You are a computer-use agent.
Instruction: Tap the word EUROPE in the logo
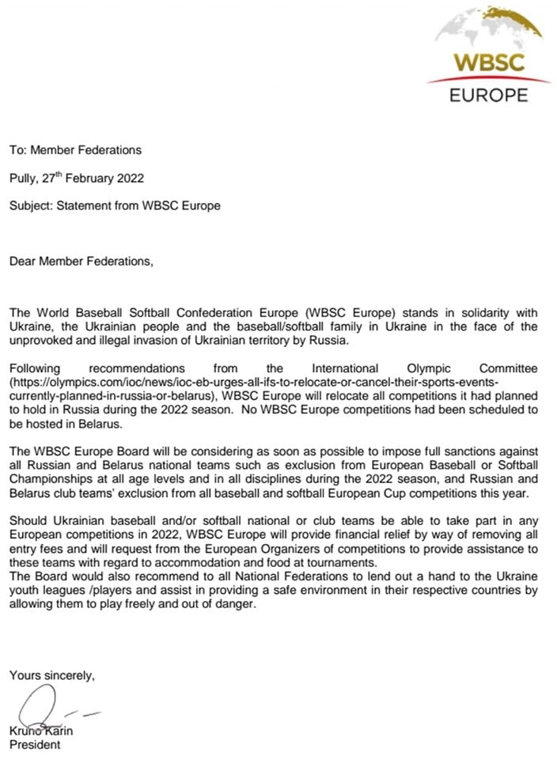click(x=488, y=96)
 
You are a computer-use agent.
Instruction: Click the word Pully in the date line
click(x=23, y=178)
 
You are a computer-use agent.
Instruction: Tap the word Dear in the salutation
click(x=23, y=261)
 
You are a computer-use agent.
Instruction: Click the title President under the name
click(x=35, y=744)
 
